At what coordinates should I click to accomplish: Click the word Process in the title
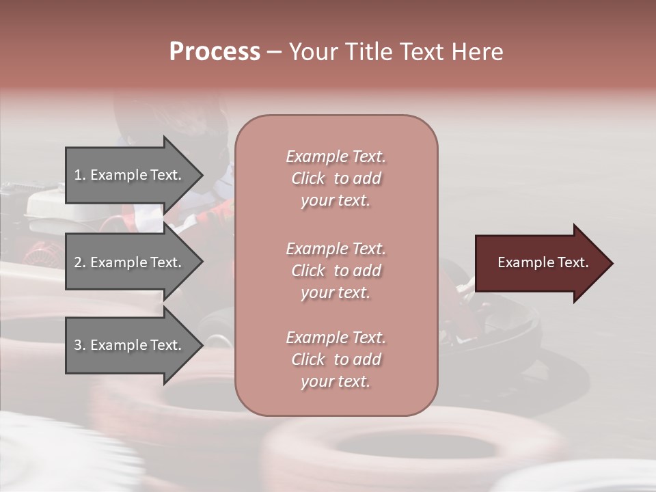point(215,52)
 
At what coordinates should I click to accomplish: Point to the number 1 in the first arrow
point(78,175)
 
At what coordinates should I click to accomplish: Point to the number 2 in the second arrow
point(78,262)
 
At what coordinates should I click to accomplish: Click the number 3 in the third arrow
point(78,345)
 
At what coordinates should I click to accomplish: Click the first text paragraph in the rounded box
point(336,178)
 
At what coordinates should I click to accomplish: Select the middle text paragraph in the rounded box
point(336,271)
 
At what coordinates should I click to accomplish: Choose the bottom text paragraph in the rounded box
point(336,359)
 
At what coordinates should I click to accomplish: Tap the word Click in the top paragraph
point(308,178)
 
